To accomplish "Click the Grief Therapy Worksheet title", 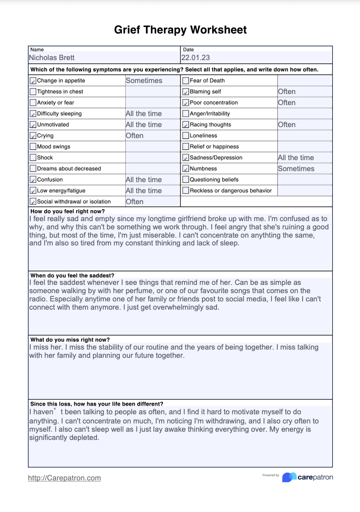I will [180, 30].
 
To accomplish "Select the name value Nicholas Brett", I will [51, 58].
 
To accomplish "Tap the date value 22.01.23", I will [195, 58].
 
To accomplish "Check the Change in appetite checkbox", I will [33, 81].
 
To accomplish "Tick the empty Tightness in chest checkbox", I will [33, 92].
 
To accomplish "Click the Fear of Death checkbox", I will [186, 81].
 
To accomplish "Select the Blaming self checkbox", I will [186, 92].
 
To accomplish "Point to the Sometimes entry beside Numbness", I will [296, 169].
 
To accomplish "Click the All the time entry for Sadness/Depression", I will [296, 158].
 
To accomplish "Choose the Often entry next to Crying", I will [135, 136].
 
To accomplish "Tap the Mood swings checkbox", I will [33, 147].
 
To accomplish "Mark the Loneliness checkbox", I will [186, 136].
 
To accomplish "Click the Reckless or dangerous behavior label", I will [231, 191].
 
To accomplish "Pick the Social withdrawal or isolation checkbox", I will [33, 202].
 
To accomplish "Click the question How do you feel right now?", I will [67, 211].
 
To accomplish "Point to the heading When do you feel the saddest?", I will [72, 276].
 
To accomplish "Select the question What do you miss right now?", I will [70, 340].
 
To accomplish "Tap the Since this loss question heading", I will [96, 404].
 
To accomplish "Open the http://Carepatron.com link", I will [64, 478].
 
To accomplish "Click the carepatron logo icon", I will [289, 477].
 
